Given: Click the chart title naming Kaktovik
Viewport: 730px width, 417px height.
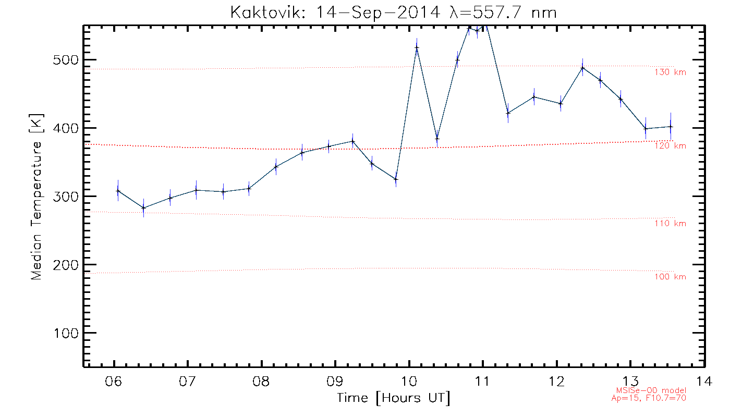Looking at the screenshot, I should pos(394,12).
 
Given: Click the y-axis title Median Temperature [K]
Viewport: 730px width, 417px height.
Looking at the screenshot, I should pos(36,197).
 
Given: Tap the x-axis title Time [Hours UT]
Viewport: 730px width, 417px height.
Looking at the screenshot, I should pos(394,398).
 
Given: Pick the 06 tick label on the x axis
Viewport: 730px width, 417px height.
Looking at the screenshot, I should pos(113,381).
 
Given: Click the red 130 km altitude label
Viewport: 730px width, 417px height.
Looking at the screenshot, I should pos(670,72).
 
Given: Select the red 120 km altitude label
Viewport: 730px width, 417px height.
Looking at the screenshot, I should pos(670,146).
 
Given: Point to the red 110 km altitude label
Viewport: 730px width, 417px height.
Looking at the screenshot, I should pos(670,224).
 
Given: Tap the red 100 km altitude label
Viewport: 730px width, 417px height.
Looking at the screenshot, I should pos(670,277).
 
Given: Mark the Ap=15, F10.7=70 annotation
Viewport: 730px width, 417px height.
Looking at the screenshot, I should pos(648,398).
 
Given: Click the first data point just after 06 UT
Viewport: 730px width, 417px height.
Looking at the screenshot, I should pos(118,191).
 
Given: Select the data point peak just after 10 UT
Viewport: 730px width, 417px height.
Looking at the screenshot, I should pos(417,47).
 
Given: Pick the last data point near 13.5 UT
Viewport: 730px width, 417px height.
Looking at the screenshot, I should pos(671,127).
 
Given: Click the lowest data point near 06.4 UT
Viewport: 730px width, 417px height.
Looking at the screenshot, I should pos(143,208).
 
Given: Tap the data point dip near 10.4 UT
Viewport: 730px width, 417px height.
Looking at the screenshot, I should pos(437,139).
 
